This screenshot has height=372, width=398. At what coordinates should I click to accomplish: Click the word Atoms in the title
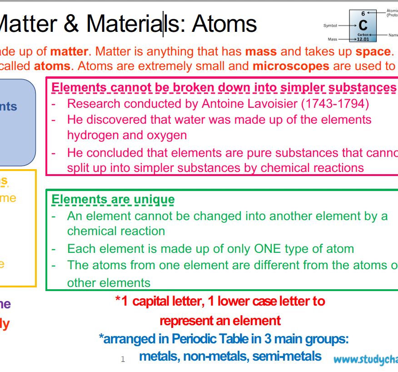click(x=224, y=24)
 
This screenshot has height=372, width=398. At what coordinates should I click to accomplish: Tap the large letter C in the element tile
click(x=363, y=25)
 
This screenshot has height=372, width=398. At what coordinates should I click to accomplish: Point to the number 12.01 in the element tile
click(x=363, y=39)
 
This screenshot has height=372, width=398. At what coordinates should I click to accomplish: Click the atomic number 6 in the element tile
click(x=363, y=14)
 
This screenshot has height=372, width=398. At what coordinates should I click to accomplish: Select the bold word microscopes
click(x=291, y=66)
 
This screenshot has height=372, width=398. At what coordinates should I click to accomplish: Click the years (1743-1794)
click(x=335, y=104)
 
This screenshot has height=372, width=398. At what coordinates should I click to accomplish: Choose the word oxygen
click(x=166, y=136)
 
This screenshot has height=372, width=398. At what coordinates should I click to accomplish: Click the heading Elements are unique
click(x=113, y=199)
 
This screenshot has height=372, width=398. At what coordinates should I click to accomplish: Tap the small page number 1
click(x=123, y=359)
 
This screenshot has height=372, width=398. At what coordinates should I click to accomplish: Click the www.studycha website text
click(x=366, y=360)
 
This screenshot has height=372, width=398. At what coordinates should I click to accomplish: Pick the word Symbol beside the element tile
click(x=330, y=25)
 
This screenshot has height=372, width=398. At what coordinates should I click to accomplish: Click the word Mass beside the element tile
click(x=333, y=40)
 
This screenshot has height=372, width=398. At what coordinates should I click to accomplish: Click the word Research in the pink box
click(x=94, y=104)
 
